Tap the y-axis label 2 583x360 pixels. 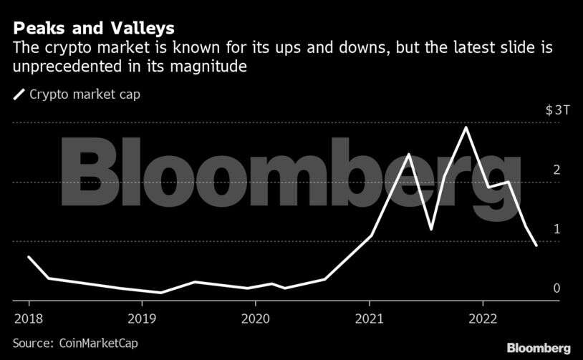coord(556,170)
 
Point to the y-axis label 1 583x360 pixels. coord(556,229)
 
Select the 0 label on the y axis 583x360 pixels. coord(556,288)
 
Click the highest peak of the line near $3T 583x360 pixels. coord(466,127)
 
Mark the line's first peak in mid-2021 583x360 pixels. coord(408,155)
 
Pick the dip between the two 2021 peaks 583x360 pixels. coord(431,229)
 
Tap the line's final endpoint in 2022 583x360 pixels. coord(536,245)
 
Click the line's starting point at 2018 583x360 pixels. coord(29,256)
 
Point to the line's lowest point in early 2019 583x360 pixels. coord(161,292)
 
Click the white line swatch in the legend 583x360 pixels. coord(19,94)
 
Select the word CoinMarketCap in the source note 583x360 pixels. coord(96,343)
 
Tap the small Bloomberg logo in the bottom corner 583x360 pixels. coord(539,347)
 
